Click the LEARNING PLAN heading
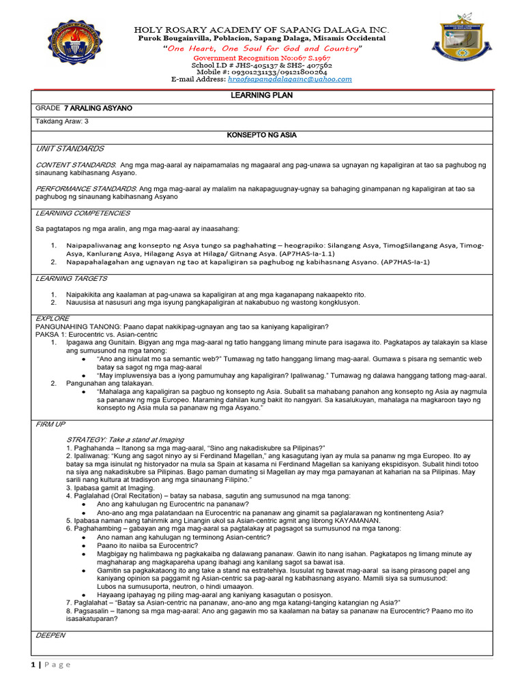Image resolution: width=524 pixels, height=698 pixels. (261, 95)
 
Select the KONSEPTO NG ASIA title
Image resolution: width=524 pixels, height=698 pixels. (261, 136)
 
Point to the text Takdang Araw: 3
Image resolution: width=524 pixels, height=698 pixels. (61, 121)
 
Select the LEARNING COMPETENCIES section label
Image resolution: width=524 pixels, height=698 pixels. (82, 213)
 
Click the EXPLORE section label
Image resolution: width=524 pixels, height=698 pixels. (52, 318)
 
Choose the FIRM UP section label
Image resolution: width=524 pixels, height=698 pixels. (50, 424)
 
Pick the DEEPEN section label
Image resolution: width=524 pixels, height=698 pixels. (50, 635)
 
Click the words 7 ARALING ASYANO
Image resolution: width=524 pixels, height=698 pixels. (98, 108)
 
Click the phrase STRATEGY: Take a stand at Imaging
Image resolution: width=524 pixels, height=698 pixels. (125, 440)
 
